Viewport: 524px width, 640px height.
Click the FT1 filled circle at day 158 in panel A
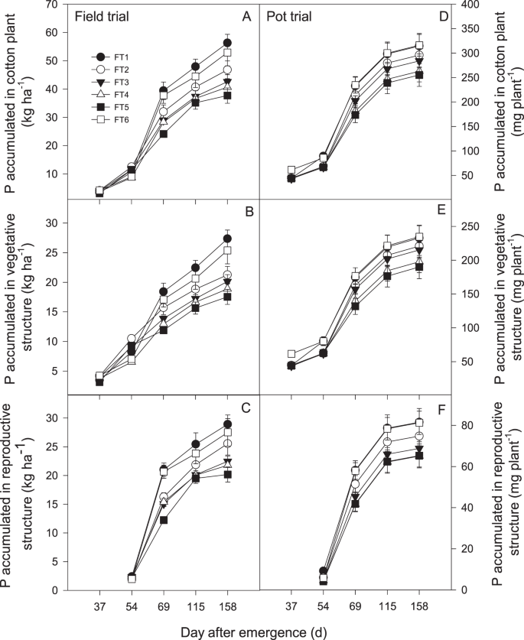228,43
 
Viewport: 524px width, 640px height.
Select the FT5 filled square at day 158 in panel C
228,474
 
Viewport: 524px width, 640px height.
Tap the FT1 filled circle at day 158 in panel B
228,239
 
